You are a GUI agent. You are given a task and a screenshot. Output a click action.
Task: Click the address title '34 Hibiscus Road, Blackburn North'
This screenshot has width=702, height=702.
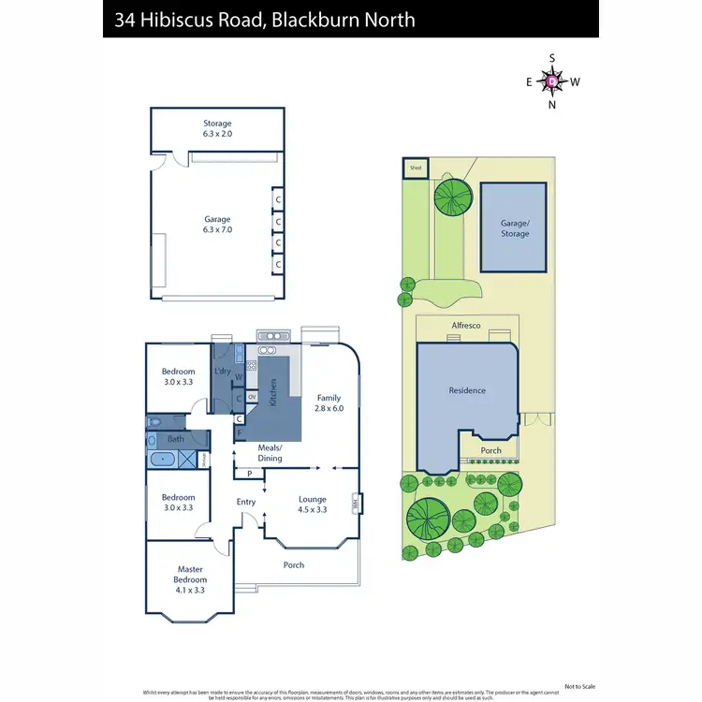[265, 19]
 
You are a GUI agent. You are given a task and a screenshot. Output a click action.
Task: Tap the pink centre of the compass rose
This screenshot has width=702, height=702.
[552, 81]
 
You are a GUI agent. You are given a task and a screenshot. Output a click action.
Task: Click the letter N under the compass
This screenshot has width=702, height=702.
[552, 104]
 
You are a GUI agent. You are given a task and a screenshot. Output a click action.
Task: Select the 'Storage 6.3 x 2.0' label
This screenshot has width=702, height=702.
[217, 128]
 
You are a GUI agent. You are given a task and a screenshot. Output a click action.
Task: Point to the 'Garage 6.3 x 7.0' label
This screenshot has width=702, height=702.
[217, 225]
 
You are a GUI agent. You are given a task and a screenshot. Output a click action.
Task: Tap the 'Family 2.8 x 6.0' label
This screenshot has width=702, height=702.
[329, 402]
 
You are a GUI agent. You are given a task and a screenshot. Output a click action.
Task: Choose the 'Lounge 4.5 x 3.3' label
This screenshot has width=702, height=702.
[312, 505]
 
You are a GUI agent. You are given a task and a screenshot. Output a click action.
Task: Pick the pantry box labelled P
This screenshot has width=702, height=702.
[250, 474]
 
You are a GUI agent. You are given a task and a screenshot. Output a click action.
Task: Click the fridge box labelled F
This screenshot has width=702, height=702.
[240, 433]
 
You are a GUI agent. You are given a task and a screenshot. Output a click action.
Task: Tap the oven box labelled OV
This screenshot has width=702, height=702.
[252, 397]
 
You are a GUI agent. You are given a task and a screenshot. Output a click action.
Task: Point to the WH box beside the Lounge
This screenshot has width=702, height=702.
[356, 505]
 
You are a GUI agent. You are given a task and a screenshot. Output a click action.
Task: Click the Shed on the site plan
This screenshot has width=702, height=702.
[415, 168]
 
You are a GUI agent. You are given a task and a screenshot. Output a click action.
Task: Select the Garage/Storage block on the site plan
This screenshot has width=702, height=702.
[514, 228]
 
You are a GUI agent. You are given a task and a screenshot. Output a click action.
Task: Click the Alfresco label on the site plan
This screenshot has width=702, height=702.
[466, 325]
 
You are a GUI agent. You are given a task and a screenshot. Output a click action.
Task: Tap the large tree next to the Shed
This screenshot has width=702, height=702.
[453, 197]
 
